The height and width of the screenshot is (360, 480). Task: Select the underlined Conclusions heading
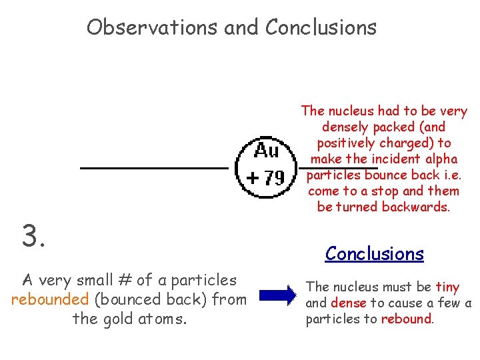[374, 253]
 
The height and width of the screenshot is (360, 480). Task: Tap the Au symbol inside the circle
[266, 151]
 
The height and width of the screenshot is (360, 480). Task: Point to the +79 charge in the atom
[265, 178]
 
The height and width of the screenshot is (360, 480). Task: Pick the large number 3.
[34, 236]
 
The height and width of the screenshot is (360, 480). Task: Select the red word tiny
[447, 287]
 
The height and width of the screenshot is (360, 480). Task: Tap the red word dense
[349, 303]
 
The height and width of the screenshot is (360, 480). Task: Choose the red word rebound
[407, 319]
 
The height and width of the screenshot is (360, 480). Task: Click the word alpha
[441, 159]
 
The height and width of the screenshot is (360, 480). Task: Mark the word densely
[347, 127]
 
